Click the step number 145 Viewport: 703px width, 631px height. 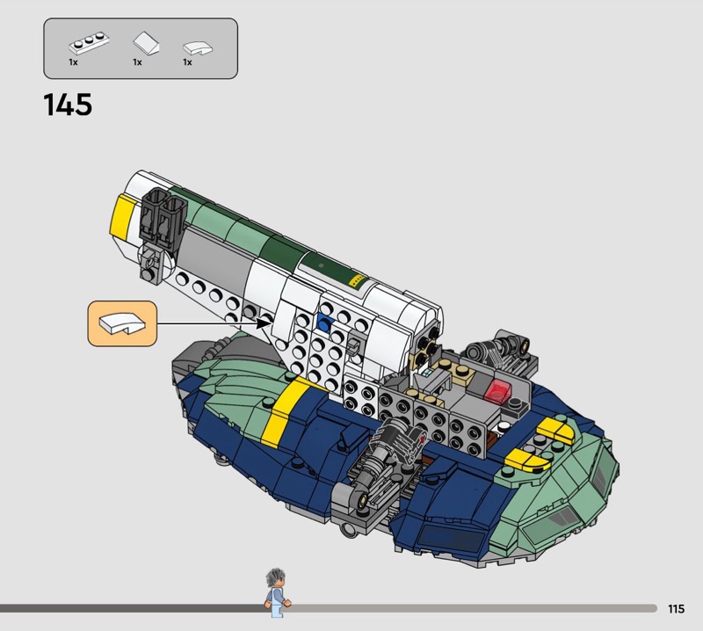pyautogui.click(x=68, y=105)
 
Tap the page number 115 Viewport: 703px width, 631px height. pyautogui.click(x=676, y=608)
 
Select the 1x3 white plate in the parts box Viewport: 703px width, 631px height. pyautogui.click(x=89, y=42)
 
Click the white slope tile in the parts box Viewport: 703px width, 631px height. pyautogui.click(x=146, y=42)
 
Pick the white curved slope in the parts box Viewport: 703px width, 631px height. pyautogui.click(x=198, y=48)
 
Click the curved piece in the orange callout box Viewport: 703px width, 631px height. pyautogui.click(x=122, y=323)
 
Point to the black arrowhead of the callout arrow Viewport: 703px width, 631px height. pyautogui.click(x=265, y=323)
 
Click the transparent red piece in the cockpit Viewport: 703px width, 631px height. pyautogui.click(x=496, y=390)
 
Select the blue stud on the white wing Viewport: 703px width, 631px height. pyautogui.click(x=324, y=322)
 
